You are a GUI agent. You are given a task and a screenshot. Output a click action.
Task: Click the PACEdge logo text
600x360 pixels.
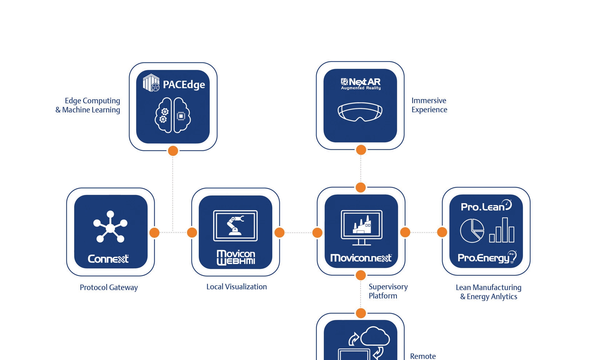click(184, 85)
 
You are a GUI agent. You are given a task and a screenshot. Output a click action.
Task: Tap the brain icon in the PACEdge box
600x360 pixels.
click(173, 115)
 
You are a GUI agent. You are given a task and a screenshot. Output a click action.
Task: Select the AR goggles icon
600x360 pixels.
click(360, 112)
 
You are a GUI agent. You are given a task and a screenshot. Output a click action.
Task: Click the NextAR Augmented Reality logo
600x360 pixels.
click(361, 84)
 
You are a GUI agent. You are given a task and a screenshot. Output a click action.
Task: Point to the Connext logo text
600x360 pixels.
click(108, 259)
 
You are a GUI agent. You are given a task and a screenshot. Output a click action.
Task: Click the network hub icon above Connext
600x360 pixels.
click(110, 227)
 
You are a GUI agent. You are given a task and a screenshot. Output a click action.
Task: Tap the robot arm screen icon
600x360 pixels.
click(235, 226)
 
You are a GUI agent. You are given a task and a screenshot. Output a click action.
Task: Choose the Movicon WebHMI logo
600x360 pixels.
click(236, 257)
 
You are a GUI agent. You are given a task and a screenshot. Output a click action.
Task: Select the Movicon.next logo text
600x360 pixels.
click(361, 258)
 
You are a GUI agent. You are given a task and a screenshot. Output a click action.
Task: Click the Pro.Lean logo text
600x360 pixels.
click(486, 206)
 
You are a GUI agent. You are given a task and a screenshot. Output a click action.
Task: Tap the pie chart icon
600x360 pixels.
click(472, 231)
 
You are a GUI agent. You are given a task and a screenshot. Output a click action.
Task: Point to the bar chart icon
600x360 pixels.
click(502, 230)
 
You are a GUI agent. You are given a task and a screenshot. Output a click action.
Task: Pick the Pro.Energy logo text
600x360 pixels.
click(487, 257)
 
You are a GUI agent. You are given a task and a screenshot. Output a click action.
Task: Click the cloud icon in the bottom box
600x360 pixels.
click(375, 337)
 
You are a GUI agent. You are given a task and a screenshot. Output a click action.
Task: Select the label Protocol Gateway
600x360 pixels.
click(109, 287)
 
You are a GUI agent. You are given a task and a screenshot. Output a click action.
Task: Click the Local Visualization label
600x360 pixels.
click(237, 287)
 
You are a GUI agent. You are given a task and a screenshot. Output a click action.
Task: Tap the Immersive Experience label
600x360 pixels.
click(429, 105)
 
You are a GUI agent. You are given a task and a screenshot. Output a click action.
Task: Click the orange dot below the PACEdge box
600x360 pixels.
click(173, 151)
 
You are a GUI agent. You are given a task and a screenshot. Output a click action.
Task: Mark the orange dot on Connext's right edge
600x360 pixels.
click(154, 232)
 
